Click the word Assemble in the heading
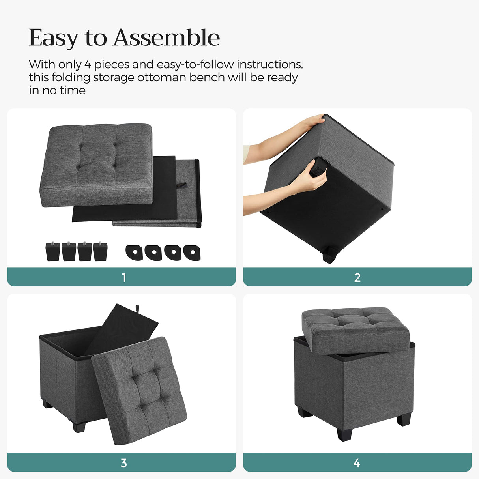click(x=167, y=38)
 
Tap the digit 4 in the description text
click(x=87, y=64)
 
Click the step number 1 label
click(x=124, y=277)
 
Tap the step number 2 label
click(x=357, y=277)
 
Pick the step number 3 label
click(x=124, y=462)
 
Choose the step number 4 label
click(x=357, y=462)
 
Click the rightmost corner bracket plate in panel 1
click(x=192, y=253)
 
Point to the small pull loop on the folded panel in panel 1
click(x=182, y=184)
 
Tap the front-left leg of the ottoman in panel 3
click(x=79, y=427)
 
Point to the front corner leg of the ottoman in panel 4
click(x=344, y=434)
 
